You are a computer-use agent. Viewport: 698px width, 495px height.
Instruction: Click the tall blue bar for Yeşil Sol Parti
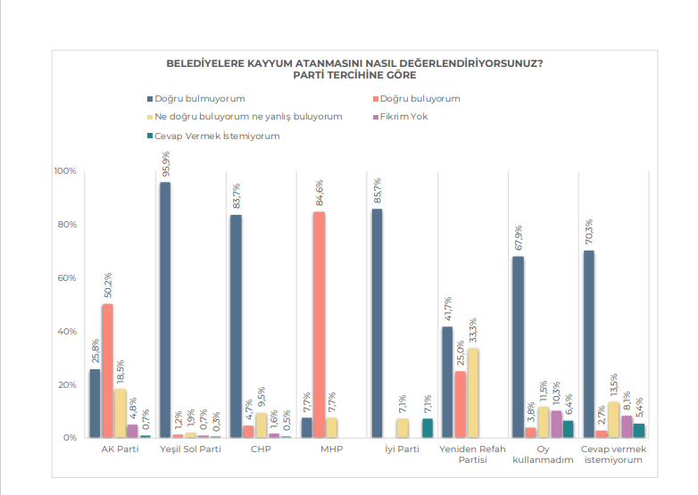click(x=165, y=309)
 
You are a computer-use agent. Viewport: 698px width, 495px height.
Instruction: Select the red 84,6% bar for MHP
click(x=319, y=325)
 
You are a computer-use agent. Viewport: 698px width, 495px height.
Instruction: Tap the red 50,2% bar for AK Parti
click(x=107, y=370)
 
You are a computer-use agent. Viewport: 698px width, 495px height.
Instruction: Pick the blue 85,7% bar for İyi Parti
click(x=377, y=323)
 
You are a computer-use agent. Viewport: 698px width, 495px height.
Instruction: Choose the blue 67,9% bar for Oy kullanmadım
click(x=518, y=347)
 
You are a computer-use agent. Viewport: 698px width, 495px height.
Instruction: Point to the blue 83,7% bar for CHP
click(x=236, y=326)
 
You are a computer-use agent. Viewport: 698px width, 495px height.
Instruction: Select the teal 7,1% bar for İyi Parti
click(x=427, y=428)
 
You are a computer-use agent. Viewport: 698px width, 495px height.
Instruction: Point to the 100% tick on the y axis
click(x=65, y=170)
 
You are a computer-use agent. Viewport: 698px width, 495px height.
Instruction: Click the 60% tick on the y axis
click(x=67, y=277)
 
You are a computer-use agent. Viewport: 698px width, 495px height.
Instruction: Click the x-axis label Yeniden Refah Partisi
click(x=472, y=455)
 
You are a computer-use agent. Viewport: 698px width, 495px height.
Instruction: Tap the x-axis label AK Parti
click(x=120, y=450)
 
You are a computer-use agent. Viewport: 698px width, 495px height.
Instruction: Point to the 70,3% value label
click(x=589, y=232)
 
